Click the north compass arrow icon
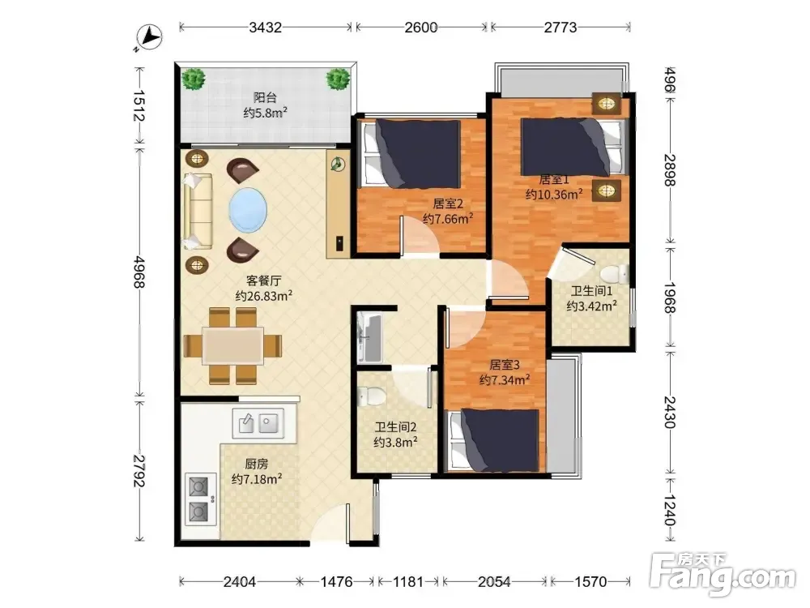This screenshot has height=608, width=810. [x=149, y=38]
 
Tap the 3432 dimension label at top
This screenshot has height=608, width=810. [x=265, y=27]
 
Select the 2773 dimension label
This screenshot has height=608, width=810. [x=561, y=27]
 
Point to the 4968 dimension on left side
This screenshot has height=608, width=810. [x=139, y=271]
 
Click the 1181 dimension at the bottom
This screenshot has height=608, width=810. [x=408, y=582]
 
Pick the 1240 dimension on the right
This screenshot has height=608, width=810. [x=670, y=510]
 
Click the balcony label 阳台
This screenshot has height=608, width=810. [x=265, y=97]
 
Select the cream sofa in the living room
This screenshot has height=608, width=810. [x=198, y=211]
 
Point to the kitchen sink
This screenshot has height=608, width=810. [x=258, y=423]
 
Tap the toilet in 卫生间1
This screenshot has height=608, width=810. [x=614, y=274]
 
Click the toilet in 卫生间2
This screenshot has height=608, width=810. [x=372, y=396]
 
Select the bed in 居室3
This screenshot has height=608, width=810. [x=494, y=440]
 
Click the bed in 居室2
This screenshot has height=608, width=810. [x=411, y=153]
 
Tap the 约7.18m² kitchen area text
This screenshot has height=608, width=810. [x=257, y=479]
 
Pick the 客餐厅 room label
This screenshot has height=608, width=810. [x=263, y=280]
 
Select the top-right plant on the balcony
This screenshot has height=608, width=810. [x=339, y=79]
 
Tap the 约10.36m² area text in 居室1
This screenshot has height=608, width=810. [x=554, y=195]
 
